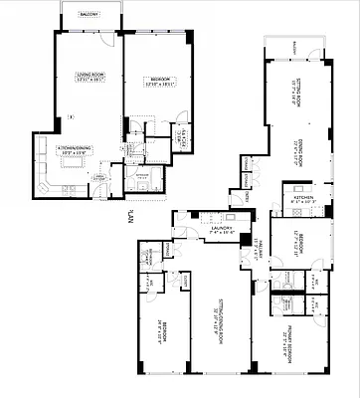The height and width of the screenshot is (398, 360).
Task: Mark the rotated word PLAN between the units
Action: tap(130, 212)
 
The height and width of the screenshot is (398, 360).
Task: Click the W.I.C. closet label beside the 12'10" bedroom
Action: tap(182, 138)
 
